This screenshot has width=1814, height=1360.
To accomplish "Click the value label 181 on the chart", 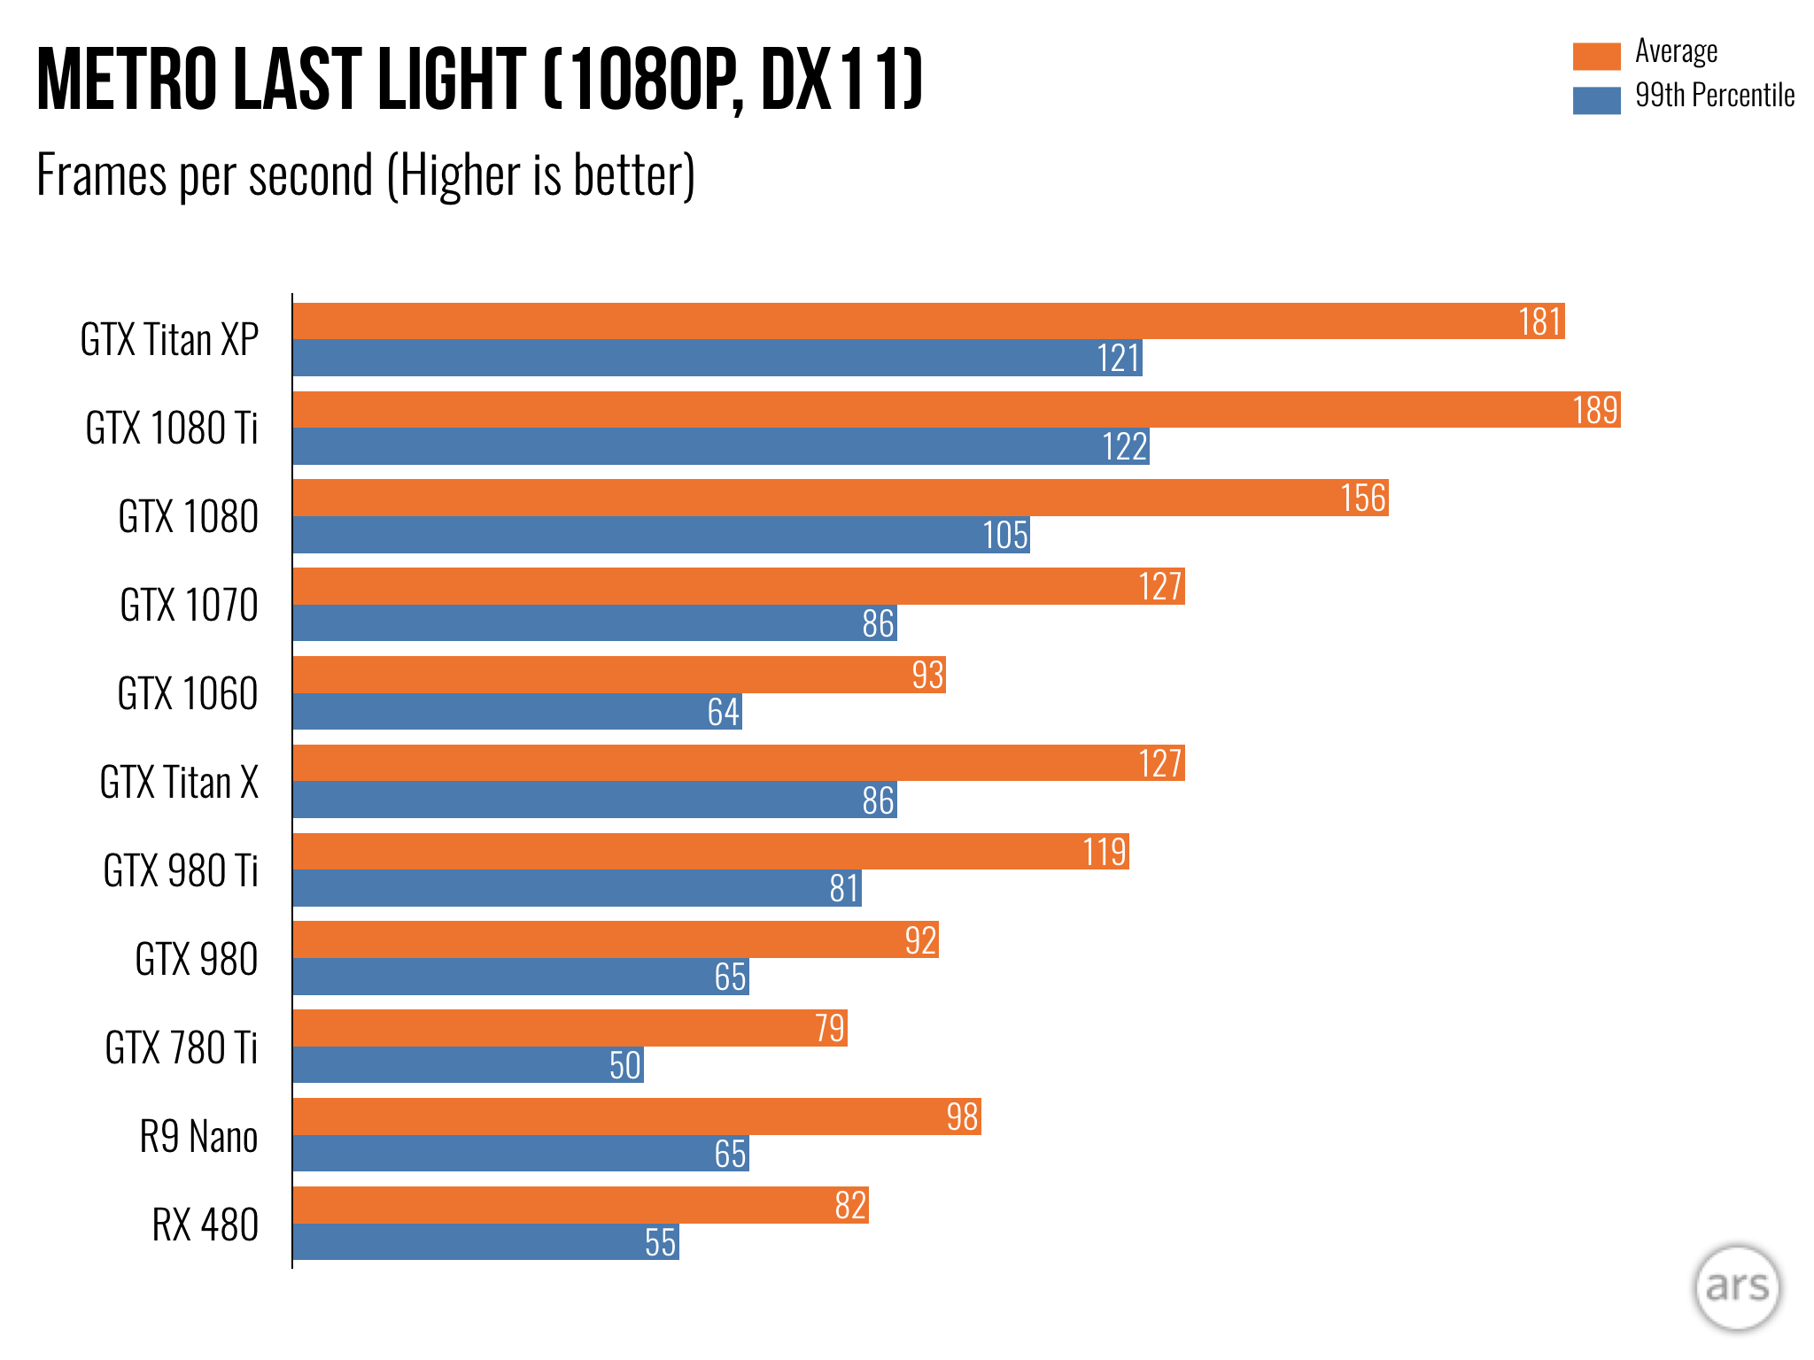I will click(x=1539, y=322).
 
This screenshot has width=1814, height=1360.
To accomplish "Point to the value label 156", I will click(x=1362, y=498).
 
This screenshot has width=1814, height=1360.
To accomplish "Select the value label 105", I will click(x=1005, y=536).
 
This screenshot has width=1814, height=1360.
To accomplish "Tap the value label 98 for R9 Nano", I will click(x=962, y=1117).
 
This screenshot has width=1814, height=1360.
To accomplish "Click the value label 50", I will click(x=624, y=1066).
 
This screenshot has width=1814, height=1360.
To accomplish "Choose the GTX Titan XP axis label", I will click(x=169, y=340).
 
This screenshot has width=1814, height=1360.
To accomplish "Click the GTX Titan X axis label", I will click(x=179, y=783).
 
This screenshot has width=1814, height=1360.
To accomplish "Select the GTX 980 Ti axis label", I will click(x=181, y=871).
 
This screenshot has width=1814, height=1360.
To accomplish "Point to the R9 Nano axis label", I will click(x=198, y=1137).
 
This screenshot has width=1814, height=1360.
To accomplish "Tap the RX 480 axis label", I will click(x=205, y=1225).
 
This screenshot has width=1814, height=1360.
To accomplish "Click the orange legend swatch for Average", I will click(x=1596, y=56).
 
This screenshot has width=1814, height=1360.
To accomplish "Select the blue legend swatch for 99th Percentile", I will click(x=1596, y=100).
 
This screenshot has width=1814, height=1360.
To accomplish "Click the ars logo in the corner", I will click(x=1736, y=1287).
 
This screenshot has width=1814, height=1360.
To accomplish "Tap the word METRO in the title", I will click(x=128, y=80).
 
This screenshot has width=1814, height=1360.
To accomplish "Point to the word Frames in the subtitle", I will click(x=102, y=175).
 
